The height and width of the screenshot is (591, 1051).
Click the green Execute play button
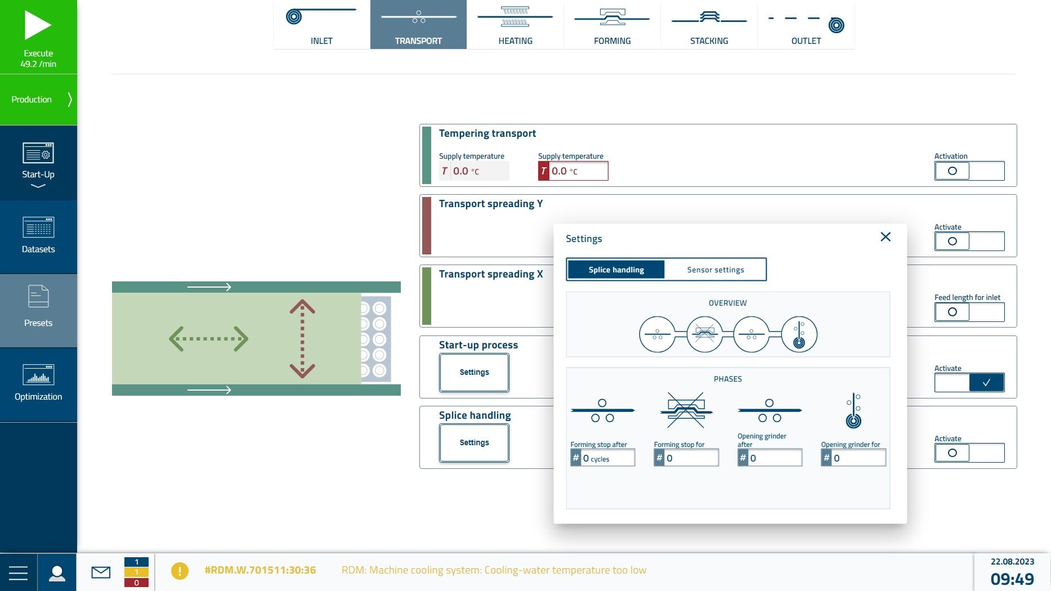(38, 37)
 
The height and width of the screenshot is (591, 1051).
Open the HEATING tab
(515, 25)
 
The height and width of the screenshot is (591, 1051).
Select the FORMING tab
(612, 25)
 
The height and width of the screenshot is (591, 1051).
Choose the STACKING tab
(709, 25)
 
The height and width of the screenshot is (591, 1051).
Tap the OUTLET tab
(806, 25)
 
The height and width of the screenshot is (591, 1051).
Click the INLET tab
(321, 25)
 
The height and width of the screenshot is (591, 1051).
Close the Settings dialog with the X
(885, 237)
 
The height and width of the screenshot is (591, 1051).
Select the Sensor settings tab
(715, 270)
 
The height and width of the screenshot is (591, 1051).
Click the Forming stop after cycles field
(602, 458)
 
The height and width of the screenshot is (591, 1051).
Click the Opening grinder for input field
(853, 458)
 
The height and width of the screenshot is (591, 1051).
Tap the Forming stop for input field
(686, 458)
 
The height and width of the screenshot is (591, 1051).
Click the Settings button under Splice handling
(474, 443)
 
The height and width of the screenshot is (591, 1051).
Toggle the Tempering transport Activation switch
(969, 171)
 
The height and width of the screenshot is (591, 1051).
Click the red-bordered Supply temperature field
(573, 171)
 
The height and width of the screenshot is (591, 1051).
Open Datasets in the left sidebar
(38, 236)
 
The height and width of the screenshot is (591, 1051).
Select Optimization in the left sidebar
(38, 384)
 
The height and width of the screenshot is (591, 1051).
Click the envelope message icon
(101, 572)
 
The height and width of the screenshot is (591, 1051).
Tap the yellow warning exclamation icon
(180, 571)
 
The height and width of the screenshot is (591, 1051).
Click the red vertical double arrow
(302, 338)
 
